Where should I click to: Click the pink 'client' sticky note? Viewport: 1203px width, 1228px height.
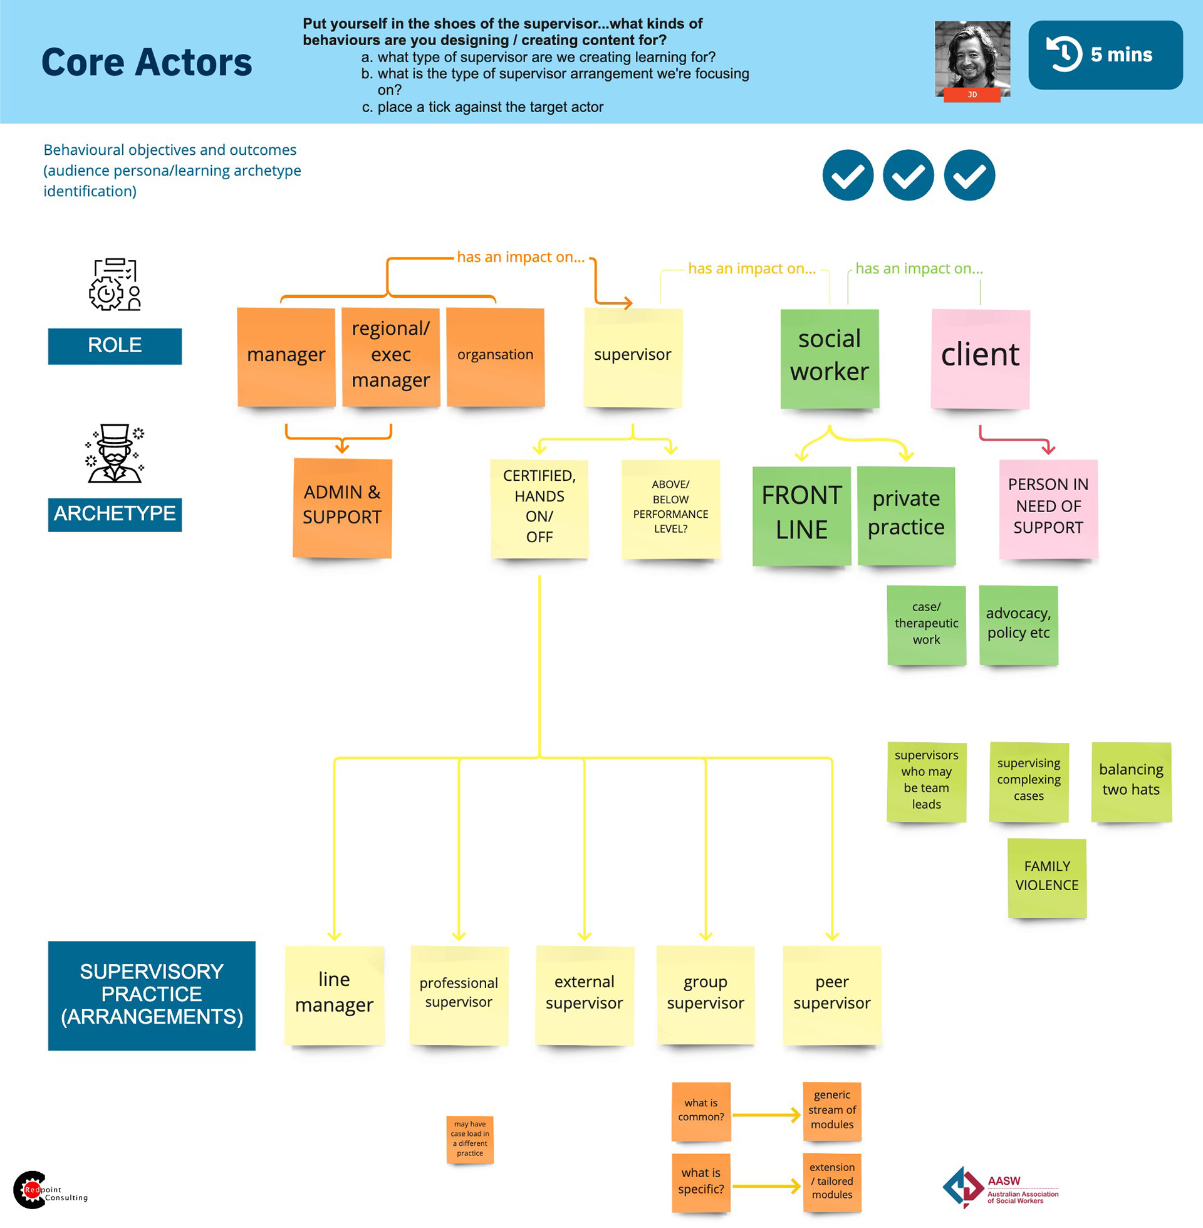pyautogui.click(x=980, y=359)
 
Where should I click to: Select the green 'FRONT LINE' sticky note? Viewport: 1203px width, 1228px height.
pyautogui.click(x=801, y=515)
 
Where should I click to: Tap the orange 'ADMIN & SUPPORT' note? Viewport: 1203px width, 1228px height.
pyautogui.click(x=342, y=508)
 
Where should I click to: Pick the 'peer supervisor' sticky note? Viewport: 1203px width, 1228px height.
pyautogui.click(x=831, y=994)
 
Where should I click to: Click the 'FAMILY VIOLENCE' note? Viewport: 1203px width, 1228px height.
pyautogui.click(x=1046, y=877)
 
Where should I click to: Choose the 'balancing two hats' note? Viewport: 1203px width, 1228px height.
pyautogui.click(x=1131, y=781)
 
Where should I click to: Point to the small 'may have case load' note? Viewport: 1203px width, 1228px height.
pyautogui.click(x=469, y=1140)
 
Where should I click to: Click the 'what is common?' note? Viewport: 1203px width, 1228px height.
pyautogui.click(x=700, y=1111)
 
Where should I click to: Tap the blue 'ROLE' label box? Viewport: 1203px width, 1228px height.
pyautogui.click(x=115, y=346)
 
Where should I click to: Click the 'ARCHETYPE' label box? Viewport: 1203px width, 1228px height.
pyautogui.click(x=115, y=514)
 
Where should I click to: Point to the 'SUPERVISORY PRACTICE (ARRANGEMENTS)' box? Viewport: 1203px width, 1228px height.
pyautogui.click(x=152, y=995)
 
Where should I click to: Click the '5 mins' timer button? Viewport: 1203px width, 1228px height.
pyautogui.click(x=1105, y=55)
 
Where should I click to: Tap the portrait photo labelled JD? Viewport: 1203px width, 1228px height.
pyautogui.click(x=972, y=59)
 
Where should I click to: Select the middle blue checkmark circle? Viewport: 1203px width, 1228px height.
pyautogui.click(x=908, y=175)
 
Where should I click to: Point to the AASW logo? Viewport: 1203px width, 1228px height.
pyautogui.click(x=1000, y=1188)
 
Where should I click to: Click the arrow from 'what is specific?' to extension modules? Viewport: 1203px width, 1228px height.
pyautogui.click(x=766, y=1186)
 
